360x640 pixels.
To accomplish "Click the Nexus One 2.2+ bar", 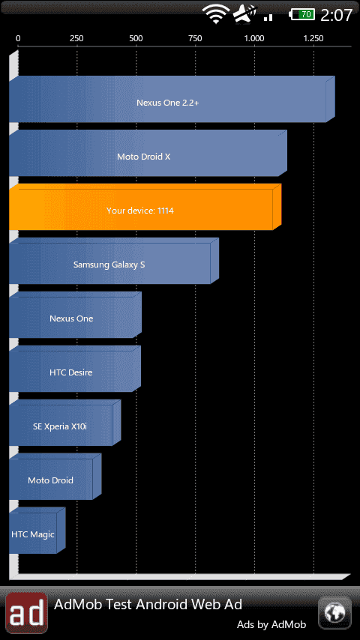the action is coord(172,99).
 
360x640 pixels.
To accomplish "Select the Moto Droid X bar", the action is coord(148,153).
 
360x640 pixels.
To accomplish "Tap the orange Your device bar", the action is coord(145,207).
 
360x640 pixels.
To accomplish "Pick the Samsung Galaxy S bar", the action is coord(113,261).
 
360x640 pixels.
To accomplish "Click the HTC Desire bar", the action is coord(75,369).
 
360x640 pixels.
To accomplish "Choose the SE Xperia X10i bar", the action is coord(65,423).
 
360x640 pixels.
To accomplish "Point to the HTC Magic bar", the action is coord(37,531).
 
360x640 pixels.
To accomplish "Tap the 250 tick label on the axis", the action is coord(76,38).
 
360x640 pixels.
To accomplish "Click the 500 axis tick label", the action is coord(136,38).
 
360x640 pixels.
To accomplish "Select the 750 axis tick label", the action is coord(195,38).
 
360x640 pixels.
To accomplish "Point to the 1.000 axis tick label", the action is coord(254,38).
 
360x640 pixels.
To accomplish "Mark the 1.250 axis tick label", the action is coord(313,38).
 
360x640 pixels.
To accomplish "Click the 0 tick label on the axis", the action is coord(18,38).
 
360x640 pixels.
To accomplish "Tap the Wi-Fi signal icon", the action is coord(217,15).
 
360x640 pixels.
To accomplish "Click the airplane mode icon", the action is coord(244,14).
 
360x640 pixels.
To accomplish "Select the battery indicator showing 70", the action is coord(302,15).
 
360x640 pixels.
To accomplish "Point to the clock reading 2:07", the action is coord(336,15).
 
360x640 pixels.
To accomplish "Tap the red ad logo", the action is coord(26,613).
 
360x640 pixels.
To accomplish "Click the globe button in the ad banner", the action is coord(334,613).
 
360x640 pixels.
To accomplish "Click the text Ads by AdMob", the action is coord(271,624).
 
